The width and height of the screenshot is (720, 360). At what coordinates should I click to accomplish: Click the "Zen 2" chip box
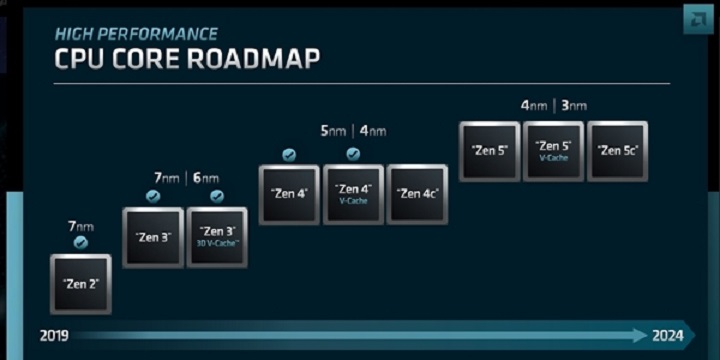pos(80,284)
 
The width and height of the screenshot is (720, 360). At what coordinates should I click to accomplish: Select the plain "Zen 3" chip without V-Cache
pos(152,237)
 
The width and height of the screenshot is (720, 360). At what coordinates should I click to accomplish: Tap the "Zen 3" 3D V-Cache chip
pos(216,237)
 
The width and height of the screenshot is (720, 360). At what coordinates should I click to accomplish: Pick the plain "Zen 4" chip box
pos(289,194)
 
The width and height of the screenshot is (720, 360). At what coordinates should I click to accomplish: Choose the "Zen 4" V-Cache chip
pos(353,194)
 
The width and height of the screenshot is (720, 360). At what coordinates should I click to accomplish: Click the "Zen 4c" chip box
pos(417,194)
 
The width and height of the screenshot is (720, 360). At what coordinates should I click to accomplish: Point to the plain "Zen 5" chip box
pos(489,151)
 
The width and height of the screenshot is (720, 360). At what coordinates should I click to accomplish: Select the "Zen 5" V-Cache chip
pos(553,151)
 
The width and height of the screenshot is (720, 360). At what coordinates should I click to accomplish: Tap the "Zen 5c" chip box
pos(617,151)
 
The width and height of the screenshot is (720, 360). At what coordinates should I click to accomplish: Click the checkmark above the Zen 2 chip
pos(80,242)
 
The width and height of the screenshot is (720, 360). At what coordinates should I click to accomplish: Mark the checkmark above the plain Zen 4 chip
pos(289,154)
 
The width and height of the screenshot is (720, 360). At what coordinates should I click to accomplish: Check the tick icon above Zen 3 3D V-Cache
pos(216,196)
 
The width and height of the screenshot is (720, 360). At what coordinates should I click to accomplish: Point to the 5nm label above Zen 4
pos(334,131)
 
